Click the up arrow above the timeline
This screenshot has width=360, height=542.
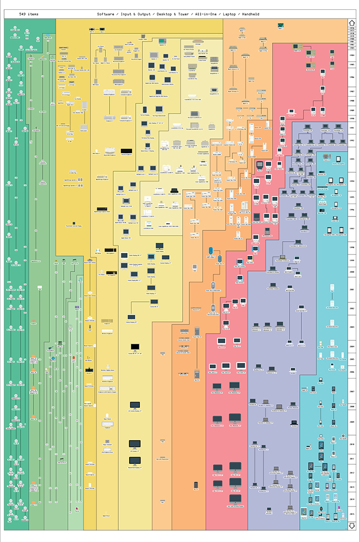pos(352,23)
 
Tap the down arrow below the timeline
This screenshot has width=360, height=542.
pos(352,525)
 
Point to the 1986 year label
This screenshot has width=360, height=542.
pos(352,77)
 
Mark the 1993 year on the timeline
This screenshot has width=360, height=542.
pos(352,159)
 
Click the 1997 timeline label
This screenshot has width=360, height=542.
pos(352,229)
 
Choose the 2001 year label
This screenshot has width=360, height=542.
pos(352,290)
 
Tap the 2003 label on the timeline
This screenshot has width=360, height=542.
pos(352,327)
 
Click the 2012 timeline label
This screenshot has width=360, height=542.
pos(352,473)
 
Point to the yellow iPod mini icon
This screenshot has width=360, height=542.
pos(320,341)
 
